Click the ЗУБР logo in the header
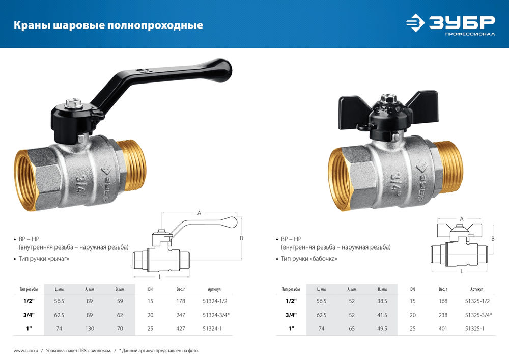[450, 24]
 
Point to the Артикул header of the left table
[214, 289]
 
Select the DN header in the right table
[412, 289]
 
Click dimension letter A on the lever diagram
[199, 213]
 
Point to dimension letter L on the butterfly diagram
[462, 271]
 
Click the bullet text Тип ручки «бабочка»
[309, 259]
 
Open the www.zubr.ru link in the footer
[24, 351]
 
